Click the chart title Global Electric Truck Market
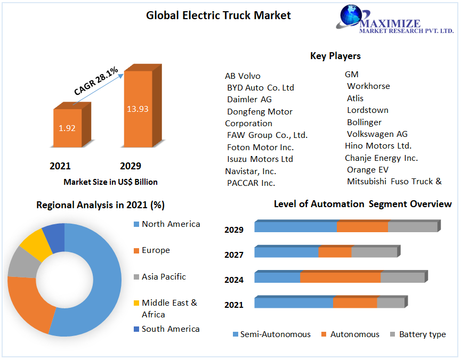pyautogui.click(x=219, y=15)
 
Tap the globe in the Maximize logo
pyautogui.click(x=352, y=15)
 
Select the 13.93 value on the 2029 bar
pyautogui.click(x=138, y=109)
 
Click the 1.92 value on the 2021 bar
pyautogui.click(x=67, y=128)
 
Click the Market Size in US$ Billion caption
pyautogui.click(x=110, y=182)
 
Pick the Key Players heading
pyautogui.click(x=335, y=56)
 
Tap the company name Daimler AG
pyautogui.click(x=249, y=100)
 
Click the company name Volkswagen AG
pyautogui.click(x=377, y=134)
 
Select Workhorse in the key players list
pyautogui.click(x=368, y=86)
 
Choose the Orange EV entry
pyautogui.click(x=368, y=170)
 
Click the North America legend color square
pyautogui.click(x=136, y=224)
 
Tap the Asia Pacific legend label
pyautogui.click(x=164, y=277)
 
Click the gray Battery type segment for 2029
pyautogui.click(x=413, y=227)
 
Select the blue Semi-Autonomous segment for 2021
pyautogui.click(x=294, y=302)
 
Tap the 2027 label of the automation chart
pyautogui.click(x=234, y=255)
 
